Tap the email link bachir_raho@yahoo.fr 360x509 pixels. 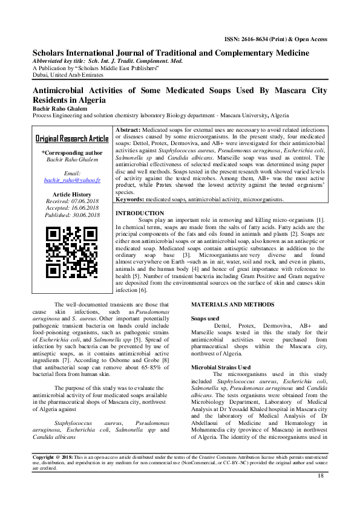tap(72, 180)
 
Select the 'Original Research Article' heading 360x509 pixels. tap(72, 138)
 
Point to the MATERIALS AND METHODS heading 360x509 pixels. tap(232, 304)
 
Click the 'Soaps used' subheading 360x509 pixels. tap(206, 317)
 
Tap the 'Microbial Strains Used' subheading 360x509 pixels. tap(221, 367)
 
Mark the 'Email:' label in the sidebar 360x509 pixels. tap(72, 173)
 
